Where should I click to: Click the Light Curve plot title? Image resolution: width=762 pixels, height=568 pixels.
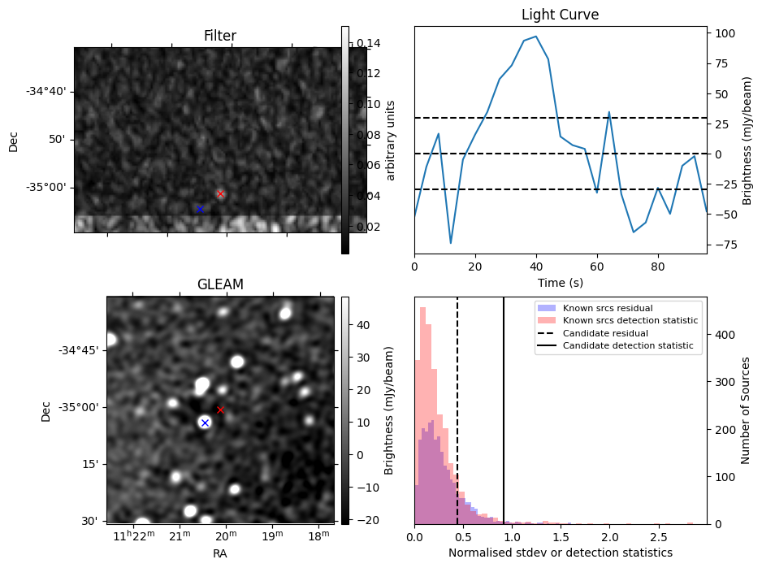pyautogui.click(x=560, y=15)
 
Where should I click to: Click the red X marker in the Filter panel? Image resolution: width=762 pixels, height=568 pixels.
pyautogui.click(x=220, y=193)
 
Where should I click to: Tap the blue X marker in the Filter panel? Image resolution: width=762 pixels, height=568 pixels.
pyautogui.click(x=200, y=209)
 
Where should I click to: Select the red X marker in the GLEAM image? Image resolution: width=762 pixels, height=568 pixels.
pyautogui.click(x=220, y=410)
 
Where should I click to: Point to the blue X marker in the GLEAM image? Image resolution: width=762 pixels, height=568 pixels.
pyautogui.click(x=205, y=423)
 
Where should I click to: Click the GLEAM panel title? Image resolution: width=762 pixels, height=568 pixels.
pyautogui.click(x=220, y=284)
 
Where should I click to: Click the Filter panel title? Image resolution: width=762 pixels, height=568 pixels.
pyautogui.click(x=220, y=36)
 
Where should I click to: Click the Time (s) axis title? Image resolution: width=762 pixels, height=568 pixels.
pyautogui.click(x=560, y=283)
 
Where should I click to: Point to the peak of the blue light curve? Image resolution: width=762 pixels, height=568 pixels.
pyautogui.click(x=535, y=37)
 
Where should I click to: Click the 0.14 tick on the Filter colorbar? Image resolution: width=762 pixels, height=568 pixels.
pyautogui.click(x=370, y=43)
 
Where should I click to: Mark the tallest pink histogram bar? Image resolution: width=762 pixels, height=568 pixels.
pyautogui.click(x=422, y=309)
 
